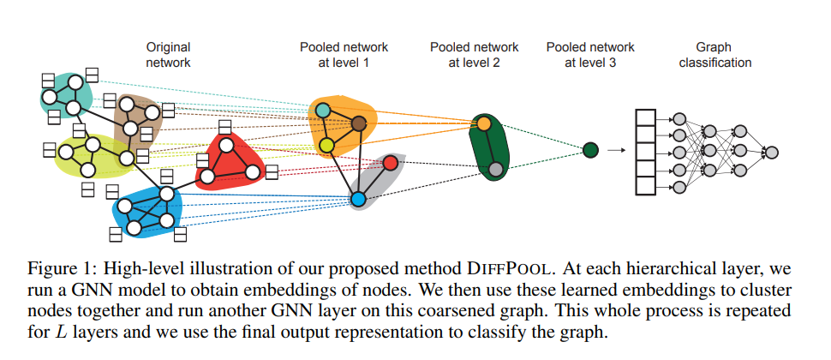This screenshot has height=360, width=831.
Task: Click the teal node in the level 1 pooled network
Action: pos(322,110)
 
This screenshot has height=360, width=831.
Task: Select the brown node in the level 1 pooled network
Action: pos(359,125)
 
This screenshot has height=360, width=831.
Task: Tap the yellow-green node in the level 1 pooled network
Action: pos(326,144)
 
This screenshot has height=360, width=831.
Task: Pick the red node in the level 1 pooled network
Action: pos(390,162)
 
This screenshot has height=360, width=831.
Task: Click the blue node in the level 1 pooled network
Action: pos(358,199)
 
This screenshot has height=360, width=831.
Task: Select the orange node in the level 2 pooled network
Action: pos(483,125)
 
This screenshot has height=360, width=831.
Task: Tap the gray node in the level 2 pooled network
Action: pos(494,169)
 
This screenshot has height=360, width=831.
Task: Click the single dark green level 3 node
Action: pos(589,151)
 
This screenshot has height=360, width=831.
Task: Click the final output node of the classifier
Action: pos(771,152)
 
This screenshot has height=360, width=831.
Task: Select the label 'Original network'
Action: pos(168,55)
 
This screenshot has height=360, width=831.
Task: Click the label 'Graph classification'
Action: pos(715,55)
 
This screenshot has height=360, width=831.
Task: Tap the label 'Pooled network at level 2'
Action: pos(474,55)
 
